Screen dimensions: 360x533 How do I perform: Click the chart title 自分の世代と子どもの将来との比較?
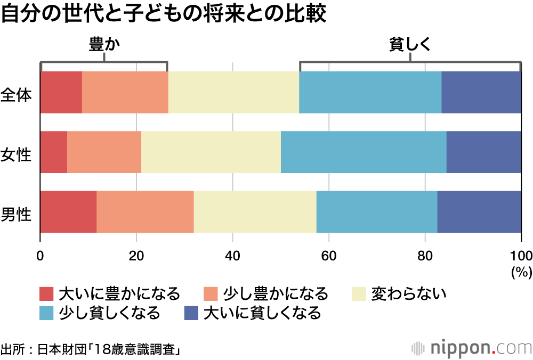[163, 14]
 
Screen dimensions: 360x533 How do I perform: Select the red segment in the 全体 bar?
[61, 92]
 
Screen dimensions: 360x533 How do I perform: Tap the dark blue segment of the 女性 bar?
[483, 152]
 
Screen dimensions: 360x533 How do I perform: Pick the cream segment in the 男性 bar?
[255, 211]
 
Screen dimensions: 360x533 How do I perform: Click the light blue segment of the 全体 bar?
[370, 92]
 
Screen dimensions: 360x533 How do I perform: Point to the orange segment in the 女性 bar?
[104, 152]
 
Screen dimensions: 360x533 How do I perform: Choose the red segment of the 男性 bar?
[68, 211]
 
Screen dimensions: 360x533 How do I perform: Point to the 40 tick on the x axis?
[232, 253]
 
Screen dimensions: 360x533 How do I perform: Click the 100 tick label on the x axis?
[521, 253]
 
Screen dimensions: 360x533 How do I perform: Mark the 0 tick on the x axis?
[41, 253]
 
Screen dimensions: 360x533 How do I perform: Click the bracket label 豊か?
[104, 46]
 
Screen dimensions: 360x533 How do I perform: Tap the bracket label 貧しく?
[409, 46]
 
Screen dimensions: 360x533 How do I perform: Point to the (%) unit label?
[521, 272]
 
